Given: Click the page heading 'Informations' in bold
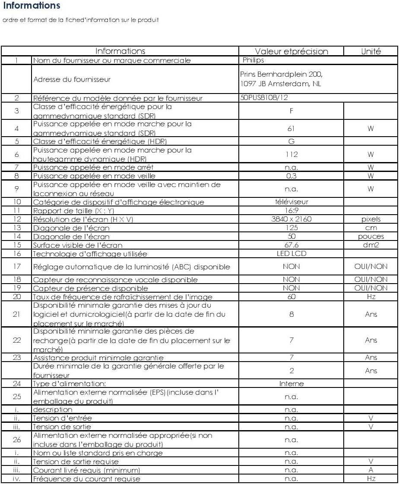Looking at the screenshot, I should (x=31, y=6).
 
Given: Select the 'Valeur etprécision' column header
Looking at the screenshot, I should (x=291, y=51).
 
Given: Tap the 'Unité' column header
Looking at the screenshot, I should (x=371, y=51).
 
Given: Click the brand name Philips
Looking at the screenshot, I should (x=253, y=60).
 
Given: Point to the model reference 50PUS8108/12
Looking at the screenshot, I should (x=263, y=98).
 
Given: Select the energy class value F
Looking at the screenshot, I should (x=291, y=111).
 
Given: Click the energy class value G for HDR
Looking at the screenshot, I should (x=291, y=141).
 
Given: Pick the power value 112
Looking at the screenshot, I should (x=291, y=154).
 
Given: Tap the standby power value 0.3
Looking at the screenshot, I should (x=291, y=176).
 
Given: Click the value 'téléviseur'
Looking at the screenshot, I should (x=291, y=202).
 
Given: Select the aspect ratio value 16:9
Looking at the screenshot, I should (x=291, y=210).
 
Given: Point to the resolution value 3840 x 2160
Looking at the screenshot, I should (x=291, y=219).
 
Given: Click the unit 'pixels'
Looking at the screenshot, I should (x=371, y=219).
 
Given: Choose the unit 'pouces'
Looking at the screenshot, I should (x=371, y=236).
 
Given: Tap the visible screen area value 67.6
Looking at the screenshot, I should (x=291, y=245).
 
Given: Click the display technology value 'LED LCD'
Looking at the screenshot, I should (x=291, y=253).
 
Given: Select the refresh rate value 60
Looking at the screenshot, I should (x=291, y=297).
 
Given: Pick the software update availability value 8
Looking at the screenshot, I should (x=291, y=314).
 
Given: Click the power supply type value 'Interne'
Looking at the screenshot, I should (x=291, y=384).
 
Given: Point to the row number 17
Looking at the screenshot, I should (x=16, y=267).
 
